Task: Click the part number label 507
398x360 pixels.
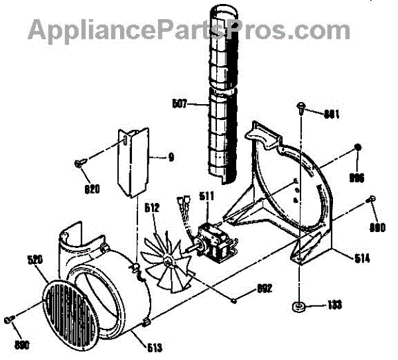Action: coord(178,103)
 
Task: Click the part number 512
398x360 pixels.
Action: coord(152,208)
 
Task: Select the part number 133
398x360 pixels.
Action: coord(335,306)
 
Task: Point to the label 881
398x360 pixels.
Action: coord(331,113)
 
